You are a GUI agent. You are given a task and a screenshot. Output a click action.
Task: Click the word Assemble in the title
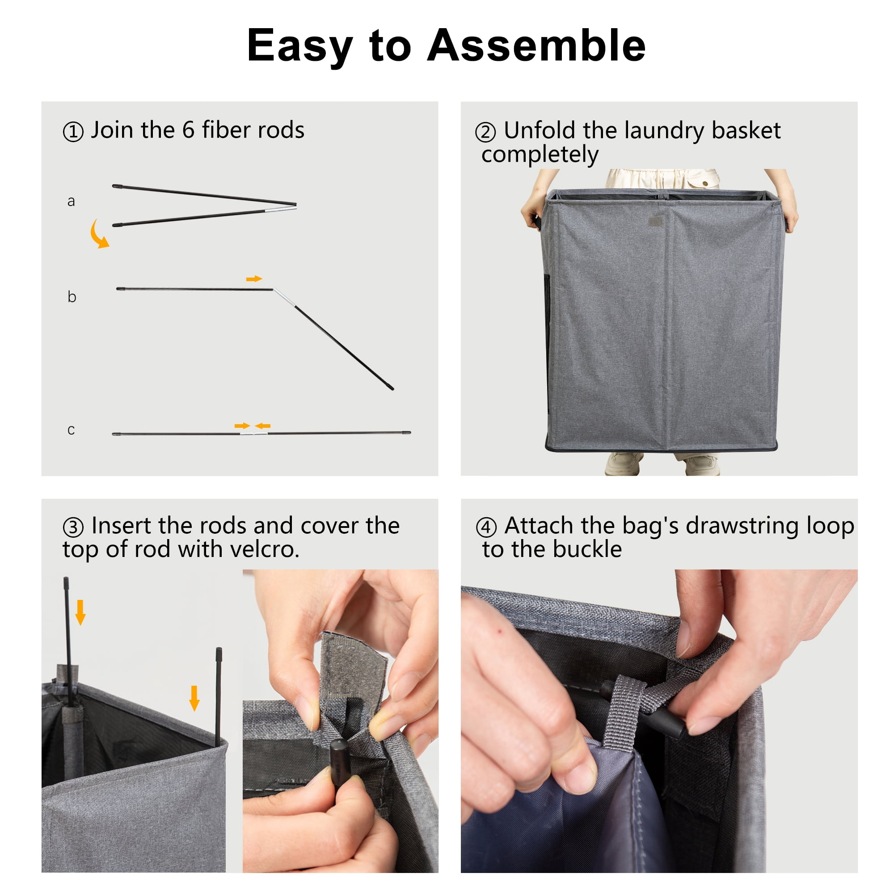(536, 45)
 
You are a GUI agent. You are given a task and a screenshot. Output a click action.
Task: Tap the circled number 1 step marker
(73, 132)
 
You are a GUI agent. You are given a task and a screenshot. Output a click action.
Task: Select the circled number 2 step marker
(485, 132)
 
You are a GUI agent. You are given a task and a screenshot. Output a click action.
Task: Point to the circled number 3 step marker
(73, 527)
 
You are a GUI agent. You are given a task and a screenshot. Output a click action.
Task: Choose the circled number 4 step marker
(486, 527)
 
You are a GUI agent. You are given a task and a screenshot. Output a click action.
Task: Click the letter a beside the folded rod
(71, 201)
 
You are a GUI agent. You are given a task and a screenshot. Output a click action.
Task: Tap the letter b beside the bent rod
(72, 296)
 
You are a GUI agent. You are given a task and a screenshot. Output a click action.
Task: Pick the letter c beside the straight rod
(71, 430)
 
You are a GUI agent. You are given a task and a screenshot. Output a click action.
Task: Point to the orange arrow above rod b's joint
(254, 278)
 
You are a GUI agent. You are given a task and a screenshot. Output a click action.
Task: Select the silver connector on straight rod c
(253, 434)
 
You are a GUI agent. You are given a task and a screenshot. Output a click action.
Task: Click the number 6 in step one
(188, 130)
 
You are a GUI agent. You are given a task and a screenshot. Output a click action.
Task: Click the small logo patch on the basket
(655, 222)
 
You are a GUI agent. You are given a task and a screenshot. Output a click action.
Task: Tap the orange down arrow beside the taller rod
(80, 612)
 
